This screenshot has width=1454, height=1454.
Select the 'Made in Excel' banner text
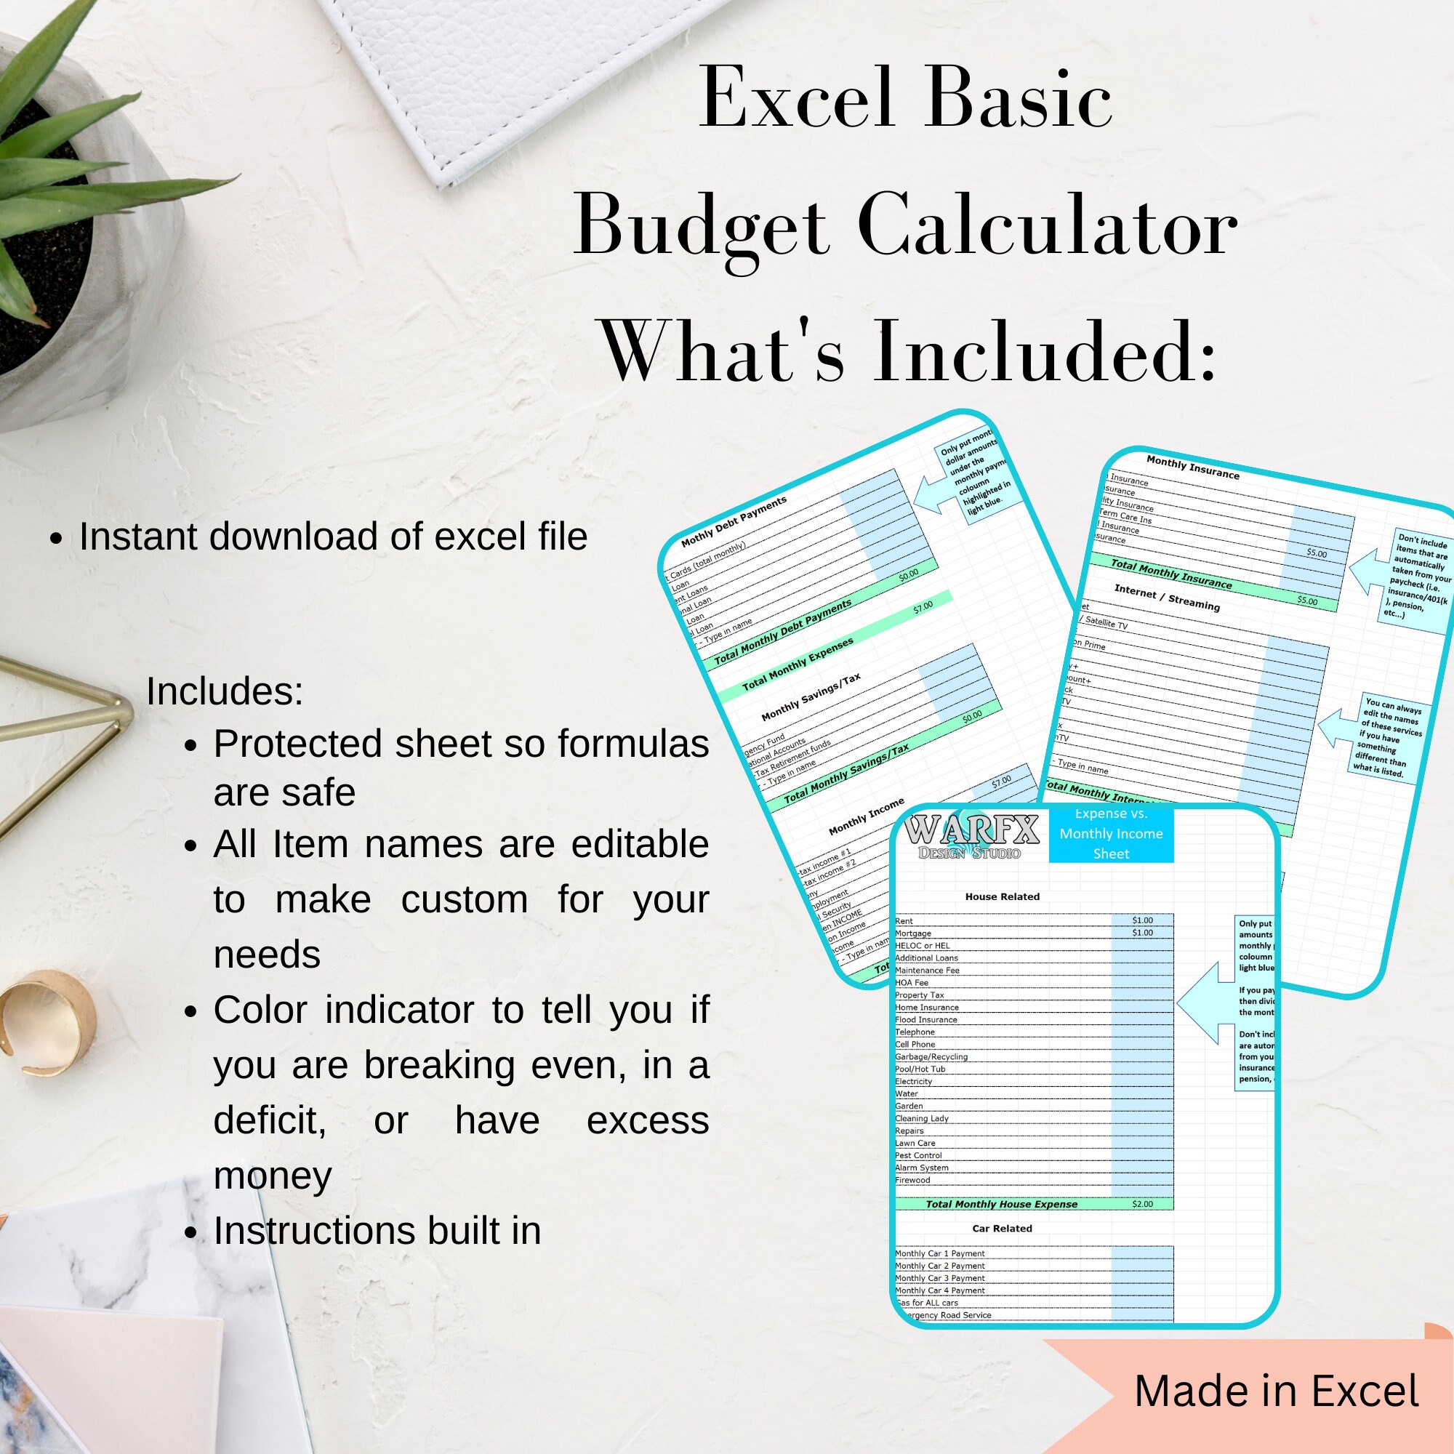pos(1277,1391)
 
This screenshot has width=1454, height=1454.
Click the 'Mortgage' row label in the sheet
pos(913,933)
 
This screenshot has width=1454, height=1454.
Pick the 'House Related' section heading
pos(1002,896)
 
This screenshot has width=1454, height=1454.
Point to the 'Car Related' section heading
pos(1002,1228)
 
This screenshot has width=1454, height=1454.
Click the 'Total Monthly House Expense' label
pos(1001,1204)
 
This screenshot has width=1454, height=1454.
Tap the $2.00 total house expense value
pos(1141,1204)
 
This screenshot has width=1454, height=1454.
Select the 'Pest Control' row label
pos(918,1155)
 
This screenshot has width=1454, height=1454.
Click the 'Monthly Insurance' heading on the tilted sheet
pos(1192,467)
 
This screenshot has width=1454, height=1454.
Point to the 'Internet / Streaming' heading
pos(1167,598)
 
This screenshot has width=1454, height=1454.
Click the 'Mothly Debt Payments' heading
pos(734,521)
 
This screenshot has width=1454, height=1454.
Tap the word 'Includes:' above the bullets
pos(224,691)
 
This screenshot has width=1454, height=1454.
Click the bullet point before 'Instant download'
pos(56,539)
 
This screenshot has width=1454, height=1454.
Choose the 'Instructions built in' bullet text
pos(377,1232)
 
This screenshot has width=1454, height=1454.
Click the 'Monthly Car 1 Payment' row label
pos(939,1254)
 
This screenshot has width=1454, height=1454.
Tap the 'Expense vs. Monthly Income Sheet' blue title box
pos(1111,834)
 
